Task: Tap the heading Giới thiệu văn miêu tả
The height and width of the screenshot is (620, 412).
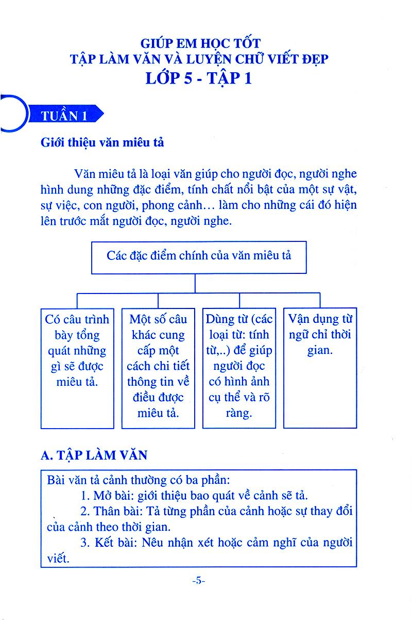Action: tap(102, 142)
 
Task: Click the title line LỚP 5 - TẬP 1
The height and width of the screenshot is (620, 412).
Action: tap(199, 78)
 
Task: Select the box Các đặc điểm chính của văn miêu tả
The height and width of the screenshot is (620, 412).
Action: tap(199, 256)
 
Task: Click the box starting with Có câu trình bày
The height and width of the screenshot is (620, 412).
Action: tap(77, 368)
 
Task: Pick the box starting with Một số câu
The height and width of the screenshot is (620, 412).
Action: tap(158, 368)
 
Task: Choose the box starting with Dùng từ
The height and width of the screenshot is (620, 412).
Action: tap(239, 368)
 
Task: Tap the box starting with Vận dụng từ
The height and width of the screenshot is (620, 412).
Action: tap(320, 368)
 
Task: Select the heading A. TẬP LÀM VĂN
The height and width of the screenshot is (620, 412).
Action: tap(94, 454)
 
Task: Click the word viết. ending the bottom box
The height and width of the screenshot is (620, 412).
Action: tap(57, 559)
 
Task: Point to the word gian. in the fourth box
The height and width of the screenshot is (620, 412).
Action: tap(319, 351)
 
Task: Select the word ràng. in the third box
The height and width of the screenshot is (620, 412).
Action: tap(238, 413)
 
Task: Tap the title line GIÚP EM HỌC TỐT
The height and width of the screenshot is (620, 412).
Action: tap(199, 43)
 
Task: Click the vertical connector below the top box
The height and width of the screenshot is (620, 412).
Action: tap(195, 283)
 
